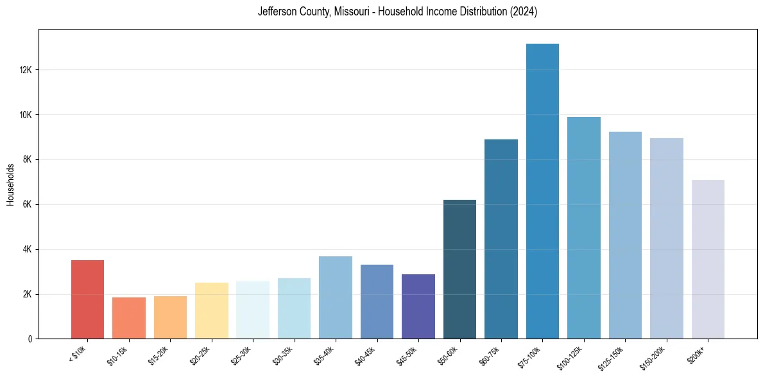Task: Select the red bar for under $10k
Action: [87, 299]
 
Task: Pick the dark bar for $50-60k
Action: [459, 269]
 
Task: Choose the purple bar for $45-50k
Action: [418, 306]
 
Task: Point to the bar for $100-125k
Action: [584, 228]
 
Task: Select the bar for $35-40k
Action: [336, 297]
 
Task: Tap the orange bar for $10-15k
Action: [129, 318]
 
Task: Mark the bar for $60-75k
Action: [501, 239]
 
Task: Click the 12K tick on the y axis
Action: [26, 70]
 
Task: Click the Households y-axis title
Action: [10, 184]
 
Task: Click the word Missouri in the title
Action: [350, 12]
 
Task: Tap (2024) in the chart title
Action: [524, 12]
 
